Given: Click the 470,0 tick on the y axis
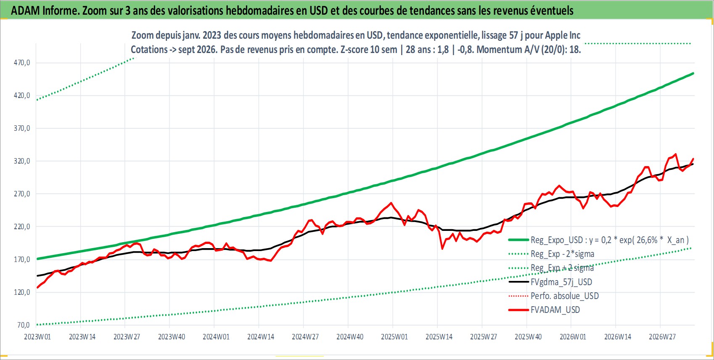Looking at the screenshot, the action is point(22,63).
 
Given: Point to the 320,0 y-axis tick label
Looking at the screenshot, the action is point(22,161).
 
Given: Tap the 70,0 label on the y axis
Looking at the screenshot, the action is point(24,325).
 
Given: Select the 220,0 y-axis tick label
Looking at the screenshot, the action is point(22,227).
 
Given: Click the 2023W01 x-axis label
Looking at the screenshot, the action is point(37,337).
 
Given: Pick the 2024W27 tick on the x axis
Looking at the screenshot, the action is point(305,337).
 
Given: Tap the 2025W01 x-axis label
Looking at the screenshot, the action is point(394,337).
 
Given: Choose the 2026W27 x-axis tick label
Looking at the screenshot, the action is point(662,337).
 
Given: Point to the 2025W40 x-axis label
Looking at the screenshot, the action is point(528,337).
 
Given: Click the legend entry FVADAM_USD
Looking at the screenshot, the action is point(555,310).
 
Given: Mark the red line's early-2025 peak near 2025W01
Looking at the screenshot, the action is point(391,203).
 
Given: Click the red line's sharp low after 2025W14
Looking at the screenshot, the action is point(442,249).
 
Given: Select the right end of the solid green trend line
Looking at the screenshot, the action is point(693,74).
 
